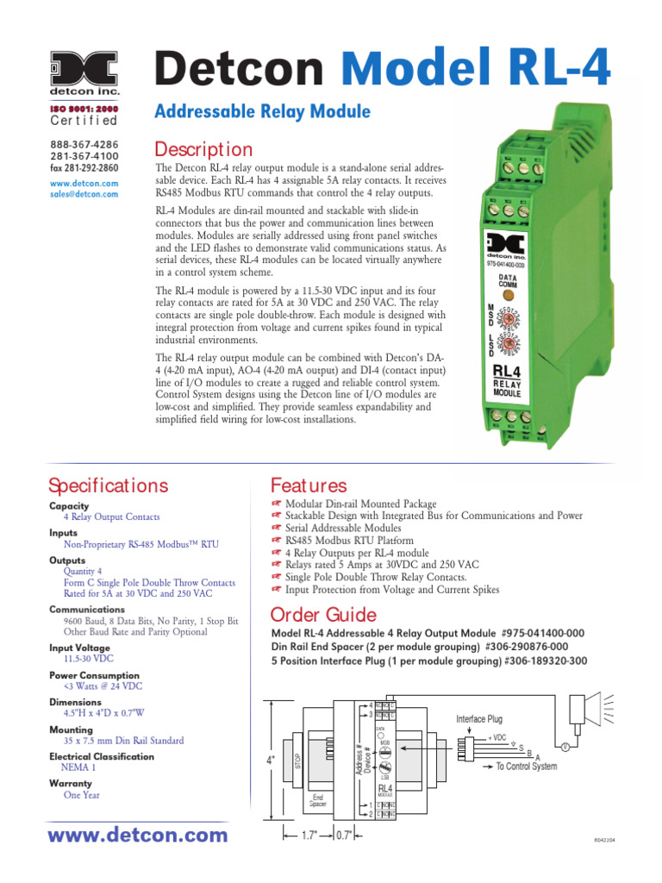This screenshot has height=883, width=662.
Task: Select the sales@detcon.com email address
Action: pos(84,195)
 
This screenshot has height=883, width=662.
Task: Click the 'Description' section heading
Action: pos(203,149)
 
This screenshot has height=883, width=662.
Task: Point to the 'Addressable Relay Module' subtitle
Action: pos(261,111)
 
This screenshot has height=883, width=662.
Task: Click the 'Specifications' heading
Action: pos(109,485)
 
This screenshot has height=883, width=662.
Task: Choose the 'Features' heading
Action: pos(309,485)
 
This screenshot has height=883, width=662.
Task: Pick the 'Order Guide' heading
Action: pos(323,615)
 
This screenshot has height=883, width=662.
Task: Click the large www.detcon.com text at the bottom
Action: pos(138,835)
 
